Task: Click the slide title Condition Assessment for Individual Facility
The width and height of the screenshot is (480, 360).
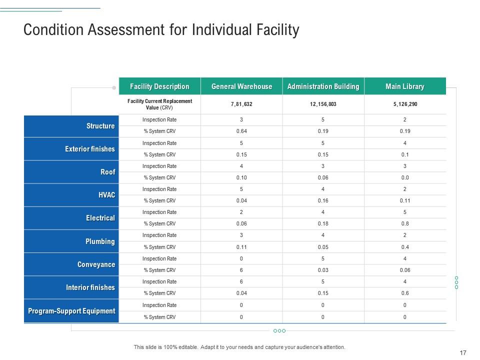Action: pyautogui.click(x=161, y=30)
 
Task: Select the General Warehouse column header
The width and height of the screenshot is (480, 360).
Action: pyautogui.click(x=241, y=86)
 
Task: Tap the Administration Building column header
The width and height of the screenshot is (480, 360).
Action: pyautogui.click(x=323, y=86)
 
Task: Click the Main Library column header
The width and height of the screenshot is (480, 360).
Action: pyautogui.click(x=404, y=86)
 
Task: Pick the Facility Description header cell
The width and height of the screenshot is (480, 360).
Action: pyautogui.click(x=159, y=86)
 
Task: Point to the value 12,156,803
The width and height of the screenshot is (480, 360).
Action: pyautogui.click(x=323, y=104)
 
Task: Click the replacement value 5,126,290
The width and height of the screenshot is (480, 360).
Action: pyautogui.click(x=404, y=104)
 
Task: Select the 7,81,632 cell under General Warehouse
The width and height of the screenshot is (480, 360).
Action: pyautogui.click(x=241, y=104)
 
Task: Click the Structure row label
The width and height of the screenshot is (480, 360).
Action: pyautogui.click(x=100, y=126)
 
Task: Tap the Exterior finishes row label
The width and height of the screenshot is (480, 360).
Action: pyautogui.click(x=90, y=149)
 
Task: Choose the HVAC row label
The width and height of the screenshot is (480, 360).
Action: pyautogui.click(x=107, y=195)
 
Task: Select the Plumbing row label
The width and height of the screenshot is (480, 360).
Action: pyautogui.click(x=100, y=241)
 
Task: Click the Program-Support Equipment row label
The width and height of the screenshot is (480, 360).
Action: pyautogui.click(x=71, y=311)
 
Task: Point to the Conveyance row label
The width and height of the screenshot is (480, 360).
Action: pyautogui.click(x=96, y=264)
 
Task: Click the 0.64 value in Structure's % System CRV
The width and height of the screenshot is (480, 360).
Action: pyautogui.click(x=241, y=131)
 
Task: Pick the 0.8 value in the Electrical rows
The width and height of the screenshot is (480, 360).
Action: pyautogui.click(x=404, y=224)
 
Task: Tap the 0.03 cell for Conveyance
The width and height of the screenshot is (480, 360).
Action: pyautogui.click(x=323, y=270)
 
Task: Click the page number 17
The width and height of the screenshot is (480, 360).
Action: pyautogui.click(x=462, y=352)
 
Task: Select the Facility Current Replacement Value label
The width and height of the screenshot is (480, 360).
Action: pyautogui.click(x=159, y=104)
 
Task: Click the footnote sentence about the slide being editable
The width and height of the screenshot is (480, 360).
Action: pyautogui.click(x=239, y=347)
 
